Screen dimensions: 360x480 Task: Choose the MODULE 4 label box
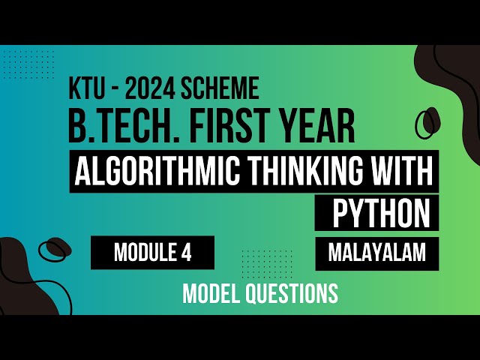[x=153, y=253]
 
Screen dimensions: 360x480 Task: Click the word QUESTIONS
[x=293, y=293]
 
